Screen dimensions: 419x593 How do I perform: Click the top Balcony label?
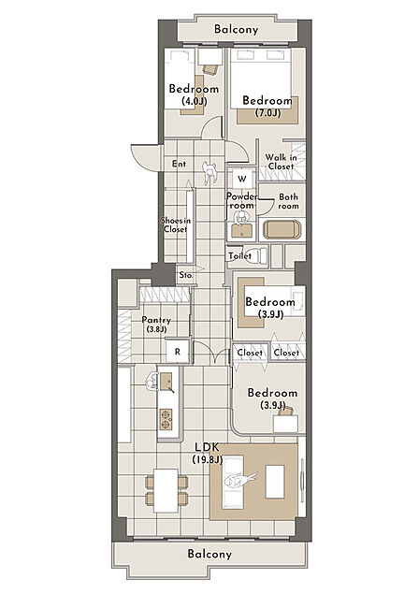click(x=236, y=29)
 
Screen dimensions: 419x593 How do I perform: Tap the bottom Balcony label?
click(x=209, y=554)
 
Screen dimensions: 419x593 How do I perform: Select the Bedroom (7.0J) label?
click(x=267, y=107)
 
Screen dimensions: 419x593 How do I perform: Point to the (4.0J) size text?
click(x=194, y=101)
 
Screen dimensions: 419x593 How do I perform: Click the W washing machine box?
click(x=242, y=179)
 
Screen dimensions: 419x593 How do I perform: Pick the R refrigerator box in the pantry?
click(x=178, y=352)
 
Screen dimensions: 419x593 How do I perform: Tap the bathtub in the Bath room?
click(x=282, y=229)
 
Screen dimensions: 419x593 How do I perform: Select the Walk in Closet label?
click(x=281, y=162)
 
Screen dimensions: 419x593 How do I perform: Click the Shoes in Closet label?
click(x=176, y=224)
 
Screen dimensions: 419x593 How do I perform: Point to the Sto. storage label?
click(x=186, y=275)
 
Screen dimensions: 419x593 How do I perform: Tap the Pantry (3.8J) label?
click(x=156, y=325)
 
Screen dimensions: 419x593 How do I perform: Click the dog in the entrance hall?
click(x=209, y=172)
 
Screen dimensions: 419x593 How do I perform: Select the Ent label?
click(x=179, y=164)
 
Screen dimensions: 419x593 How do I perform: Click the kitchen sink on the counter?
click(x=166, y=382)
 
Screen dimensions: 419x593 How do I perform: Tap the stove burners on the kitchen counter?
click(x=166, y=419)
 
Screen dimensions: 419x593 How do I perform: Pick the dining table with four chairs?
click(x=166, y=490)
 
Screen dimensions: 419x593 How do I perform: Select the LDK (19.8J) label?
click(x=208, y=453)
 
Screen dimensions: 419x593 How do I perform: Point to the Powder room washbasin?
click(x=241, y=230)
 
